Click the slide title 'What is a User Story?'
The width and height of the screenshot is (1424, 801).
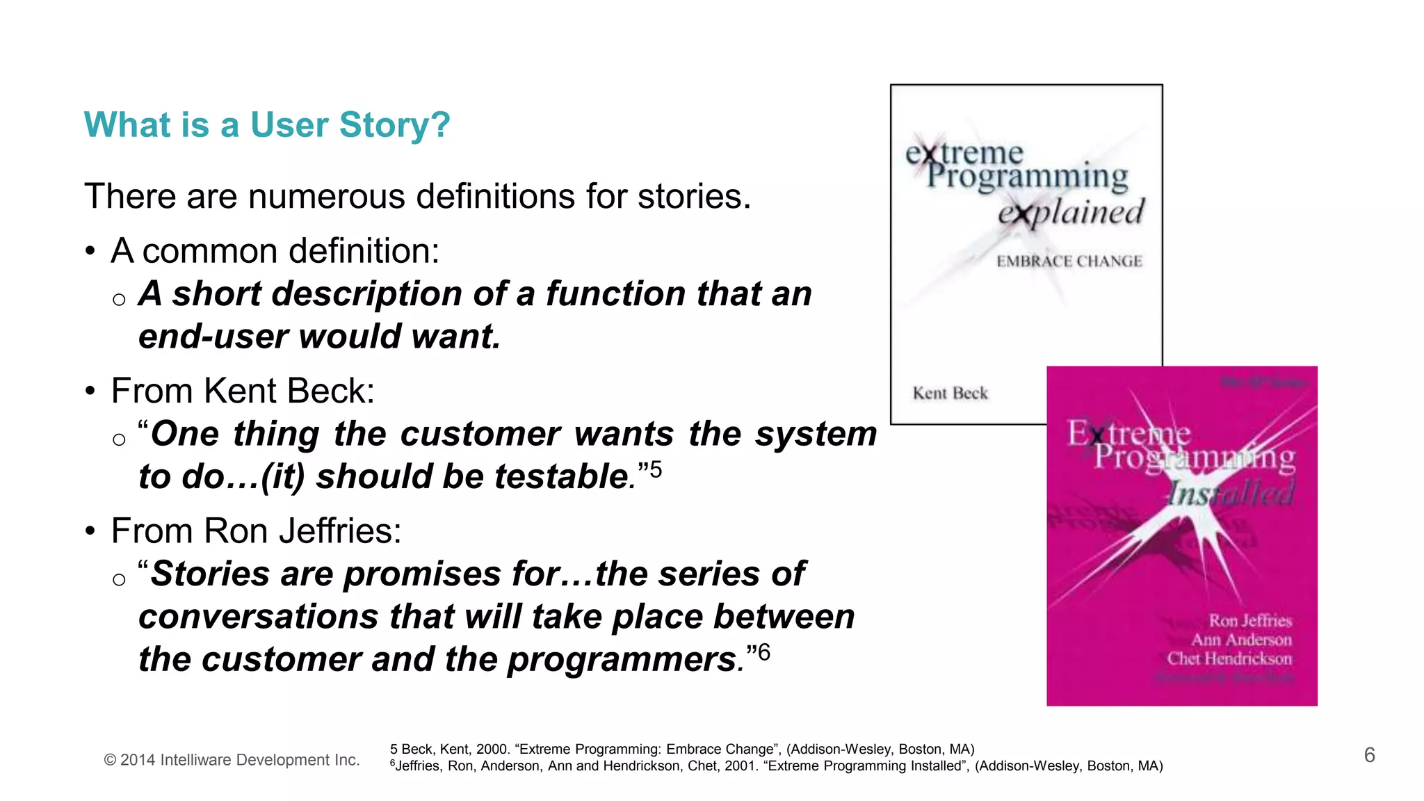tap(267, 125)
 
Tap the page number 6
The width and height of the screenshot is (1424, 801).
tap(1369, 755)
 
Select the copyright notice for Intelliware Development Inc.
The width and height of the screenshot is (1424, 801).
tap(232, 760)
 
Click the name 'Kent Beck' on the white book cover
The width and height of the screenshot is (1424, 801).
tap(950, 394)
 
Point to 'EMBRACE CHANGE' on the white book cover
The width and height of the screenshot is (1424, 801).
tap(1069, 261)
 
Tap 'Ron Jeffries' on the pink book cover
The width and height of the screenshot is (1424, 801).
tap(1249, 620)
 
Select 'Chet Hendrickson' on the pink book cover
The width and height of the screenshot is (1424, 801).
tap(1229, 658)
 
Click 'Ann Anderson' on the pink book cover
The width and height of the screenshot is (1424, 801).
tap(1241, 640)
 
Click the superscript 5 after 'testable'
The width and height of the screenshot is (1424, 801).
tap(656, 470)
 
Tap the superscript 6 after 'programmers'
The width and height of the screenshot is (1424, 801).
tap(764, 652)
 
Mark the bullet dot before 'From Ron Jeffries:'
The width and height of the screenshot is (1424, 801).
tap(90, 531)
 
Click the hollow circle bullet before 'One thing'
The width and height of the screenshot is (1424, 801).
tap(119, 439)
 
